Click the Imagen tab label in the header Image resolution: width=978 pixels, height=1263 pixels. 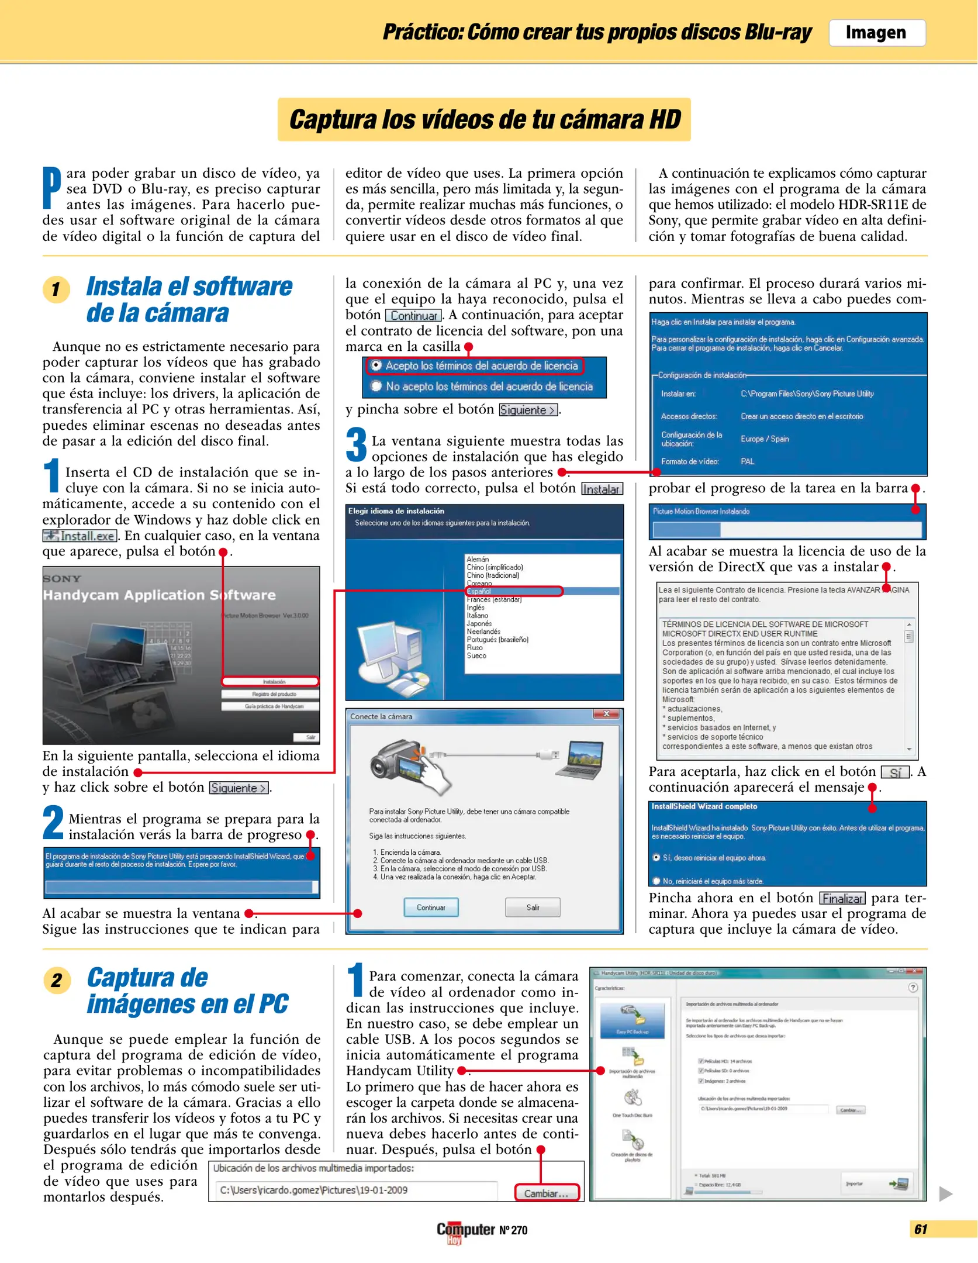876,33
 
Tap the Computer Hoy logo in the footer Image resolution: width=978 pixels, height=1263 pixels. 466,1230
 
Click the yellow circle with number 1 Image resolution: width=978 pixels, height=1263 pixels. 56,289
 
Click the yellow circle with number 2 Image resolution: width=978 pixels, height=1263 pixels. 57,980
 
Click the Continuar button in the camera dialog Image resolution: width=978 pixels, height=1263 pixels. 431,907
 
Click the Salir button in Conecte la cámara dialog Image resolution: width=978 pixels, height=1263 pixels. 533,907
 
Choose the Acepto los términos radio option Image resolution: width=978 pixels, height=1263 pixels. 377,365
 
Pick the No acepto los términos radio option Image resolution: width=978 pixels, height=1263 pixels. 377,386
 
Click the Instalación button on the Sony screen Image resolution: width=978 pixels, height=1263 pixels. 271,682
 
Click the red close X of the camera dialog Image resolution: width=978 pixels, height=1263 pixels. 606,714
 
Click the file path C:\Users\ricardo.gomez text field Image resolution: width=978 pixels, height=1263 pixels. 357,1190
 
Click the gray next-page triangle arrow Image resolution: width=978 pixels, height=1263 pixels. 945,1193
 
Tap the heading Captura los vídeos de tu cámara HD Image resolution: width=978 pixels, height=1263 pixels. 484,119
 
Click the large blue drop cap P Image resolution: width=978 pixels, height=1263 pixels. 51,188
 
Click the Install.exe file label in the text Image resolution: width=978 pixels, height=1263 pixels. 80,536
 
